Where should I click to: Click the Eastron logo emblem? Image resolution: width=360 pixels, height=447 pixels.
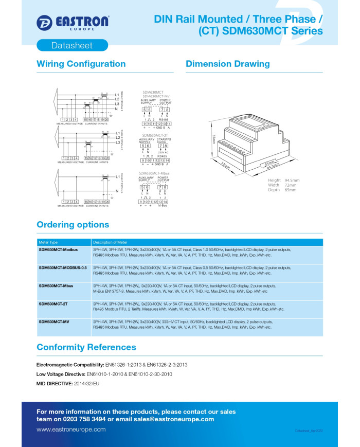(44, 22)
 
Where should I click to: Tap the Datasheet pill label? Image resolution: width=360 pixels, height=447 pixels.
(72, 45)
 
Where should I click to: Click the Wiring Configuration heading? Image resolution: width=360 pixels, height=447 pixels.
(81, 64)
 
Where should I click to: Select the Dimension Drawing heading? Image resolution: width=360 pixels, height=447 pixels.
(227, 64)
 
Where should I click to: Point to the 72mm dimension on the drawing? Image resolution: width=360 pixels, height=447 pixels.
(225, 165)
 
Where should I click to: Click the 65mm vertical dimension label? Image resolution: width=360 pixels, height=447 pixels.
(213, 138)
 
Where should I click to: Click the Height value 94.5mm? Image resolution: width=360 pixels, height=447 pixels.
(292, 181)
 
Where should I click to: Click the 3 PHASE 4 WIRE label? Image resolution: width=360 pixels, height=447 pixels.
(122, 102)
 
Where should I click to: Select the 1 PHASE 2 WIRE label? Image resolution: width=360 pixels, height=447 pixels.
(122, 184)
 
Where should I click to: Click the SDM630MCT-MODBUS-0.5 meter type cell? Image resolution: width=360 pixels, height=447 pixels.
(62, 267)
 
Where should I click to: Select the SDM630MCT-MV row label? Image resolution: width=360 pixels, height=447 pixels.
(54, 321)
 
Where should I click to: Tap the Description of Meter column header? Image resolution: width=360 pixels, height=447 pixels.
(110, 242)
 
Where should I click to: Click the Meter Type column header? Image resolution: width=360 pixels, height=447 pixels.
(48, 242)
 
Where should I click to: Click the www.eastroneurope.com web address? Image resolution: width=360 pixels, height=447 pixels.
(71, 430)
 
